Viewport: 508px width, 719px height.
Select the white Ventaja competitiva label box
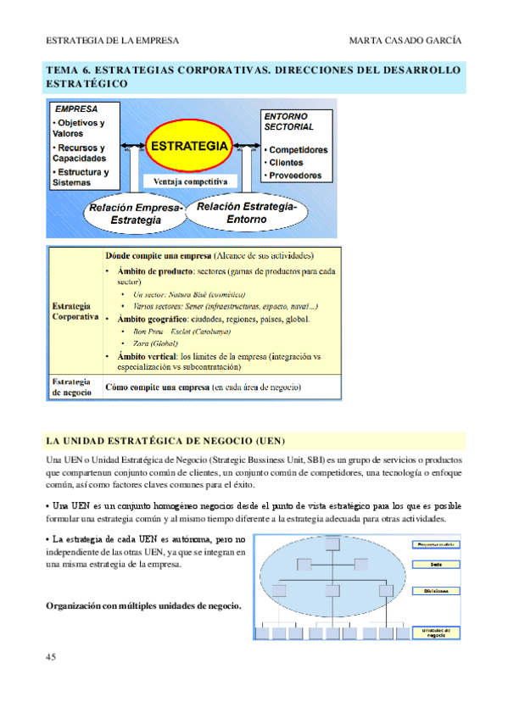191,181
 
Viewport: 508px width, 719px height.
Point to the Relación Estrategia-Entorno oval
246,212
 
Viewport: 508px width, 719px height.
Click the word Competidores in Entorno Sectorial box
298,149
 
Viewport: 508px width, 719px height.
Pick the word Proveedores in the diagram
295,176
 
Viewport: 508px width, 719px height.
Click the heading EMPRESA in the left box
76,109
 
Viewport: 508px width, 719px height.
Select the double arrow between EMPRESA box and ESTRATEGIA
131,146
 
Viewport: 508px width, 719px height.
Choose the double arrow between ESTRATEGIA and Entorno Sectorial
246,146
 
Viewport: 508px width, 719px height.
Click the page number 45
52,657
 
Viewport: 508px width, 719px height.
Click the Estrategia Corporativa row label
75,310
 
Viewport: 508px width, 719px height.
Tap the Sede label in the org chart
435,563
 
